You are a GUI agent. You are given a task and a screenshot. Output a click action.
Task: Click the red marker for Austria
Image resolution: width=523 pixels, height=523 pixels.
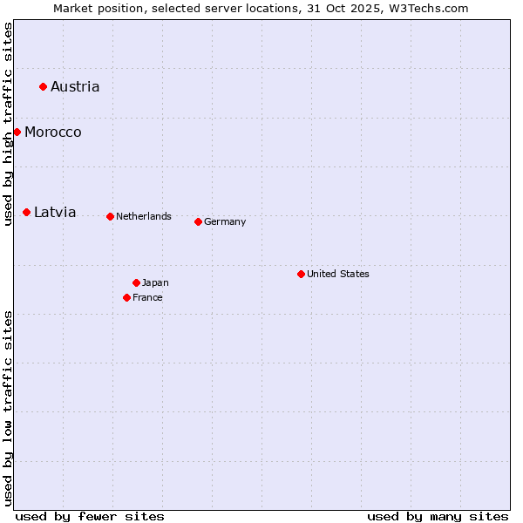click(x=43, y=86)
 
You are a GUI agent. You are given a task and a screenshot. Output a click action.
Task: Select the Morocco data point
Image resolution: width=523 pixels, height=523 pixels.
click(x=17, y=132)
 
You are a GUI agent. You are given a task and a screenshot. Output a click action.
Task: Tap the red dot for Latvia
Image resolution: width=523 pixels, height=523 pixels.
click(x=26, y=212)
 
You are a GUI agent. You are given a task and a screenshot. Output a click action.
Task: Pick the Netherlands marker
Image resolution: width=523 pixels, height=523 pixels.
click(x=110, y=216)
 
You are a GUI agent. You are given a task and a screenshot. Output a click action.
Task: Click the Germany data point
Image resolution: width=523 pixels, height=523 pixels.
click(x=198, y=221)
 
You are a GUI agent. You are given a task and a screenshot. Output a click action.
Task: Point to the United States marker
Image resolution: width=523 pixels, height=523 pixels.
click(x=301, y=274)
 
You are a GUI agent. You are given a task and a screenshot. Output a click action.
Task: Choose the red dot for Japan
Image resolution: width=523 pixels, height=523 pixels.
click(x=136, y=282)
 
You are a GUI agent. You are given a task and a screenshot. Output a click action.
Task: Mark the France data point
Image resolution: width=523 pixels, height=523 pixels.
click(x=126, y=297)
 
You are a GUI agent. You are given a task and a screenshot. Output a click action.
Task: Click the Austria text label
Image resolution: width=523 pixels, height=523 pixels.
click(x=75, y=86)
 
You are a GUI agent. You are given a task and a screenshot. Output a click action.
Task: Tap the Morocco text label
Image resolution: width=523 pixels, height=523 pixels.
click(x=53, y=132)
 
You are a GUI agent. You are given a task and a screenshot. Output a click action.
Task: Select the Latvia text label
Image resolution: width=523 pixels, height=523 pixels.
click(x=55, y=212)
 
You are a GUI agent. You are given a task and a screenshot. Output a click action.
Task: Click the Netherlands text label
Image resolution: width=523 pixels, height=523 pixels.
click(x=144, y=216)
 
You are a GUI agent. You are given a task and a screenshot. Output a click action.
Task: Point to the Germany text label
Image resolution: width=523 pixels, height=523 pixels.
click(x=225, y=221)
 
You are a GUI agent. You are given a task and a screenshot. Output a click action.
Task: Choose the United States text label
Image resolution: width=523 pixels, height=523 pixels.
click(x=338, y=274)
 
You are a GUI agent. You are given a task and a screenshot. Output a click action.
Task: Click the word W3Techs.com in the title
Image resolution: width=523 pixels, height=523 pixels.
click(x=428, y=8)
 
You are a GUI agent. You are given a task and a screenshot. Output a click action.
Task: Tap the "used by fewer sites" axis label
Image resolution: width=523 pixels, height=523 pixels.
click(x=90, y=516)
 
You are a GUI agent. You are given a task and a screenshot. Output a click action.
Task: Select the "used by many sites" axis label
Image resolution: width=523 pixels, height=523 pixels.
click(x=438, y=516)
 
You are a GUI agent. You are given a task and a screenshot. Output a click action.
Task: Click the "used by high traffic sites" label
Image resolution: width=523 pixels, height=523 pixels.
click(x=8, y=124)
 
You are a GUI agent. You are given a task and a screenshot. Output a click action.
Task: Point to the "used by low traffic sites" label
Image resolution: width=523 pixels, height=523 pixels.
click(x=8, y=407)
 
